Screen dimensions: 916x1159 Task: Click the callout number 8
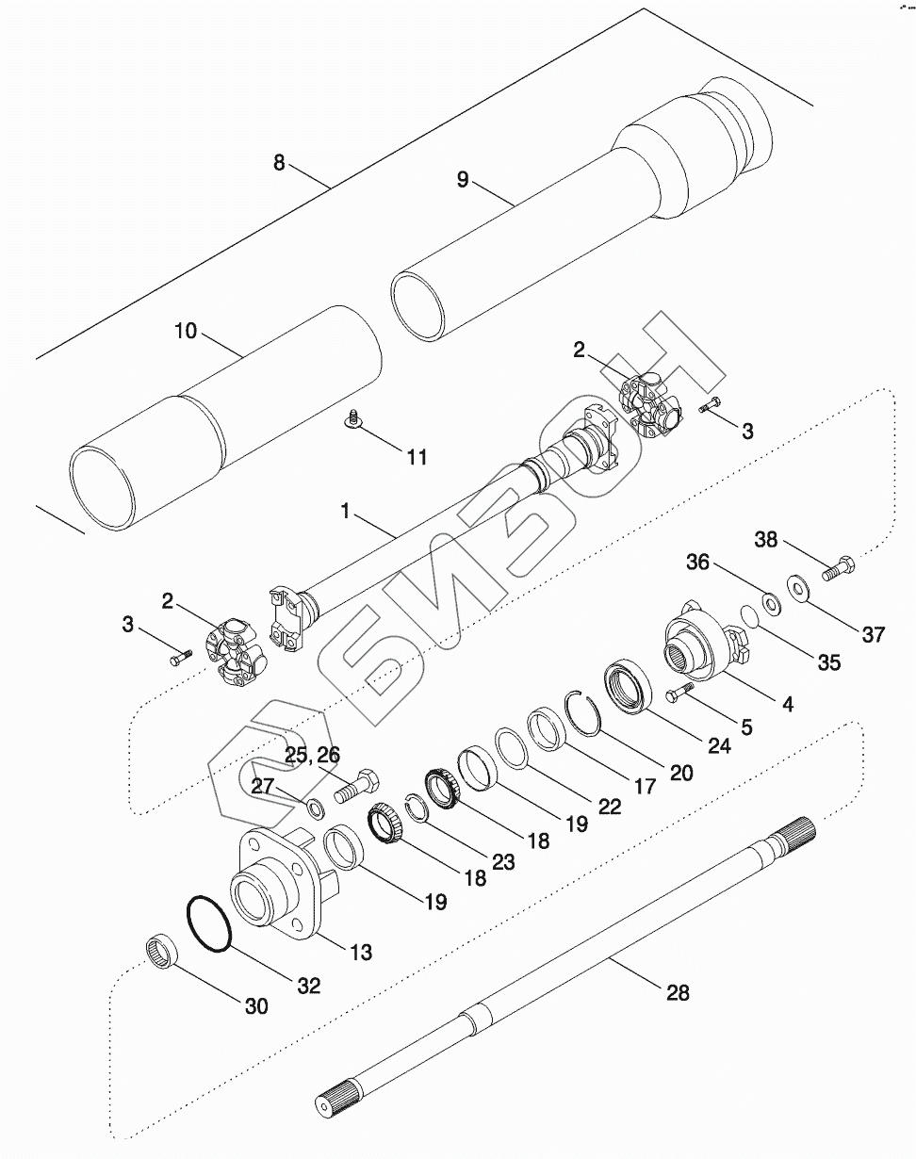(279, 162)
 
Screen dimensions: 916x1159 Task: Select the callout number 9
(463, 179)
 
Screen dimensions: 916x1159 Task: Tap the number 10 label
(186, 331)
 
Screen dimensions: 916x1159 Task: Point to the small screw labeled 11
(353, 419)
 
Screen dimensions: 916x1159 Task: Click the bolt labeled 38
(839, 567)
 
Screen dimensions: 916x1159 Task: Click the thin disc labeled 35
(750, 616)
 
